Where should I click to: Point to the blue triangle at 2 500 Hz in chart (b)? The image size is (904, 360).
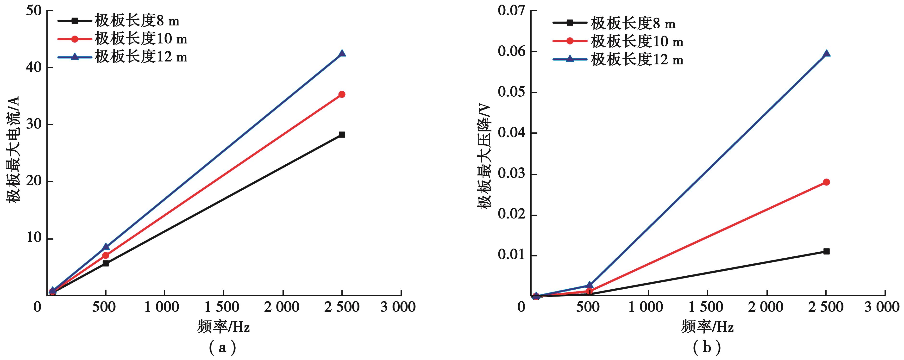[x=826, y=54]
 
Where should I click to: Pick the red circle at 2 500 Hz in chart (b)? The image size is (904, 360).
[x=826, y=182]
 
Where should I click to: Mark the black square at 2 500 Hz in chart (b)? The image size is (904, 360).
[x=826, y=251]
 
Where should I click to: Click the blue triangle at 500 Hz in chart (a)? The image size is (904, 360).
[x=106, y=247]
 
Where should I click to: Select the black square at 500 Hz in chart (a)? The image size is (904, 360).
[x=106, y=263]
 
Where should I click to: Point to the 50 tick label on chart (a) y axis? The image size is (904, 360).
[x=34, y=11]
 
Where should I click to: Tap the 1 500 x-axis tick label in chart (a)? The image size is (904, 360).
[x=222, y=307]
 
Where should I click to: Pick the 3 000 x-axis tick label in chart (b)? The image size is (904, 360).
[x=882, y=307]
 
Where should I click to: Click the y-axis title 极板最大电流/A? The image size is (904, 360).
[x=13, y=149]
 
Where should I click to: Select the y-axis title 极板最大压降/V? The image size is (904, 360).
[x=484, y=156]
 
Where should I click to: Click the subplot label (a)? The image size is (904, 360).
[x=222, y=347]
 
